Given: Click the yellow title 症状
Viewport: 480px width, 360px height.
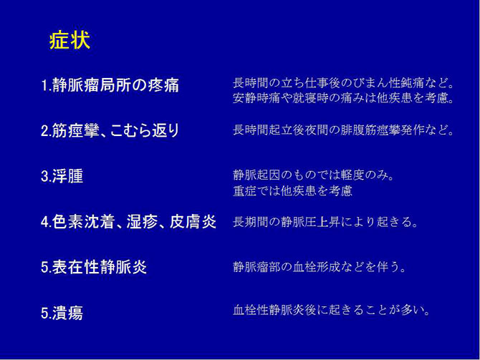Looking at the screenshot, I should [x=69, y=40].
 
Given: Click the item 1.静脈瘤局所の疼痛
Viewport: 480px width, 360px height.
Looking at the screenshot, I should [x=110, y=85].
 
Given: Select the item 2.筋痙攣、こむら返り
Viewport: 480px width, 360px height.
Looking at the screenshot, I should [x=110, y=130].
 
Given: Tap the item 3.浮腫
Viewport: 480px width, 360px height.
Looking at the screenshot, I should [x=62, y=176].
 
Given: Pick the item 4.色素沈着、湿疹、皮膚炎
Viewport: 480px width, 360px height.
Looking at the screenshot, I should [x=128, y=222].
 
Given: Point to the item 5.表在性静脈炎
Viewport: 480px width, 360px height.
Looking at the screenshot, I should [x=94, y=267].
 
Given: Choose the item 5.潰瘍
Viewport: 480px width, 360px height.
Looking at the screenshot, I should [x=62, y=313].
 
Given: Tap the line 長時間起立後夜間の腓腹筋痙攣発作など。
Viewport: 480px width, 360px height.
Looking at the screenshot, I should [x=344, y=130].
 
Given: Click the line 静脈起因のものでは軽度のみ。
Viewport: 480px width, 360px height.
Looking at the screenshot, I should [x=315, y=175].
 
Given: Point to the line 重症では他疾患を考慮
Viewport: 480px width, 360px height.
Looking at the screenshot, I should [x=292, y=191].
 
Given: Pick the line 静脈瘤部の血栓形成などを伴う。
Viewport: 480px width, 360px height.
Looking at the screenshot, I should [x=320, y=267].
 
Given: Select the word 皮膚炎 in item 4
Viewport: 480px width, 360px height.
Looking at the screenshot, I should [x=193, y=222].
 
